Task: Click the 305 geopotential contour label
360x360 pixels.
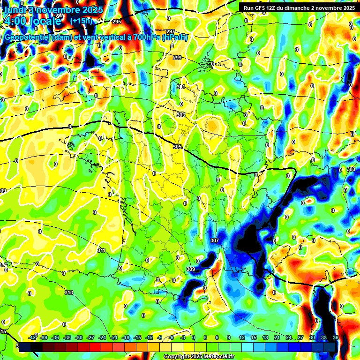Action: (x=177, y=147)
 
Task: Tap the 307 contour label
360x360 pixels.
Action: (x=215, y=240)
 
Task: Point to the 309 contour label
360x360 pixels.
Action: (x=190, y=269)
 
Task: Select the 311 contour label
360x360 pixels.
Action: (x=101, y=251)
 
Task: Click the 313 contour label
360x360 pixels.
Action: (x=69, y=292)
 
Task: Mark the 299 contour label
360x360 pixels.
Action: (x=177, y=58)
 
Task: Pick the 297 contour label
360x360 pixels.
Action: (x=171, y=32)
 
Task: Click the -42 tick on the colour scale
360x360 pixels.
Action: (x=33, y=338)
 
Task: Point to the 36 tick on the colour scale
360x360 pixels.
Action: (x=336, y=338)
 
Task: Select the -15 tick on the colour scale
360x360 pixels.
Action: (x=138, y=338)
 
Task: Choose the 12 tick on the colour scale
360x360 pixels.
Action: (x=242, y=338)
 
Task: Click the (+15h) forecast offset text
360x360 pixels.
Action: (x=81, y=21)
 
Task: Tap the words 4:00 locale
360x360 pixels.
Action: (x=32, y=21)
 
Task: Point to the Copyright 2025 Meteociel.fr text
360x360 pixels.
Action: (x=199, y=356)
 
